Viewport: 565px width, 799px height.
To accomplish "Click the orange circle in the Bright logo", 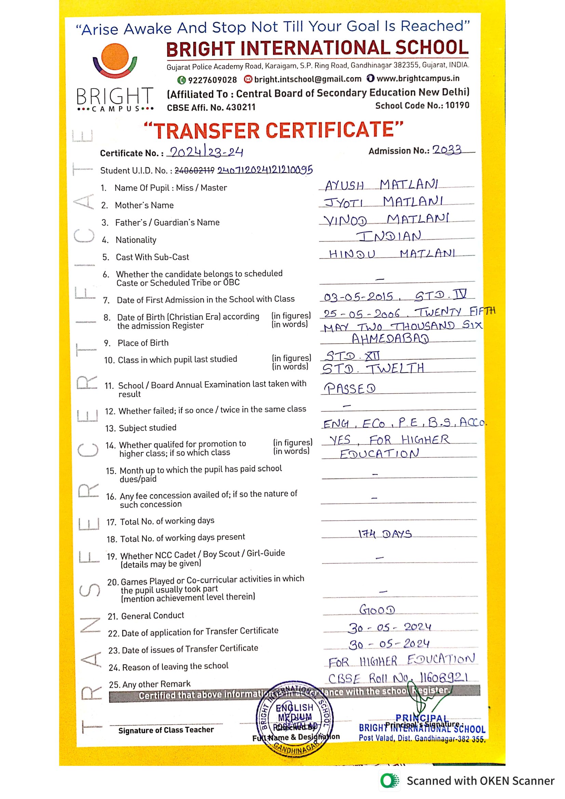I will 115,56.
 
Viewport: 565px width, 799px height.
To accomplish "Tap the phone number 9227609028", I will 212,80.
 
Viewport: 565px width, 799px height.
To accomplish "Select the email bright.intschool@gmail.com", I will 307,79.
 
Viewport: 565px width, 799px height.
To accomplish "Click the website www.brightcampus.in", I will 417,78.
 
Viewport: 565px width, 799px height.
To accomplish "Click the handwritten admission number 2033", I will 447,150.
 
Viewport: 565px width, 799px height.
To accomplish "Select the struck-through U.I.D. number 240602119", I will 194,170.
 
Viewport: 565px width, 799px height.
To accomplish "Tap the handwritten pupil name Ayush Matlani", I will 381,185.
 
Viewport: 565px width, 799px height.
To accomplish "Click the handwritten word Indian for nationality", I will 389,237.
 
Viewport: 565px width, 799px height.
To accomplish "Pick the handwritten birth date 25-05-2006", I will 361,314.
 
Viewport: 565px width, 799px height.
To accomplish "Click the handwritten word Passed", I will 350,388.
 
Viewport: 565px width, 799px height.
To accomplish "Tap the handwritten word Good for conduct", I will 377,610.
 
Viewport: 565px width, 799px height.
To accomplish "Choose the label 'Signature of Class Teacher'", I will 166,730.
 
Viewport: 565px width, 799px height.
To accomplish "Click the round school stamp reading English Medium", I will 295,718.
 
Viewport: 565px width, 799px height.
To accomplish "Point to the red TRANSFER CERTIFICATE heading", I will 274,130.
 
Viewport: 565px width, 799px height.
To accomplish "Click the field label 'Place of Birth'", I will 143,343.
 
